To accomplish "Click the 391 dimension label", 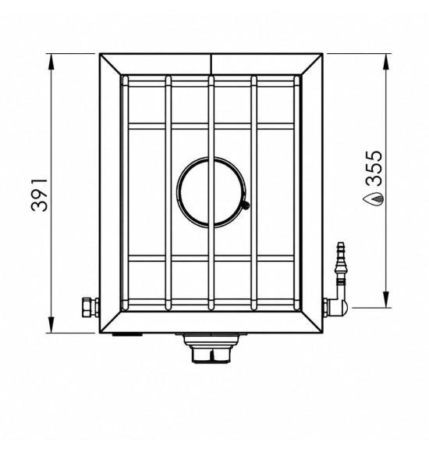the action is click(39, 195).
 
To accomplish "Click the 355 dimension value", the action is click(375, 168).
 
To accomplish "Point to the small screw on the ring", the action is click(245, 205).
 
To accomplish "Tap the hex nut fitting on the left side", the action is click(87, 307).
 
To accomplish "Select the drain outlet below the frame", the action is click(211, 348).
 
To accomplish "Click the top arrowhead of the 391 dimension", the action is click(51, 62).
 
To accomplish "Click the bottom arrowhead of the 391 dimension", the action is click(51, 326).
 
